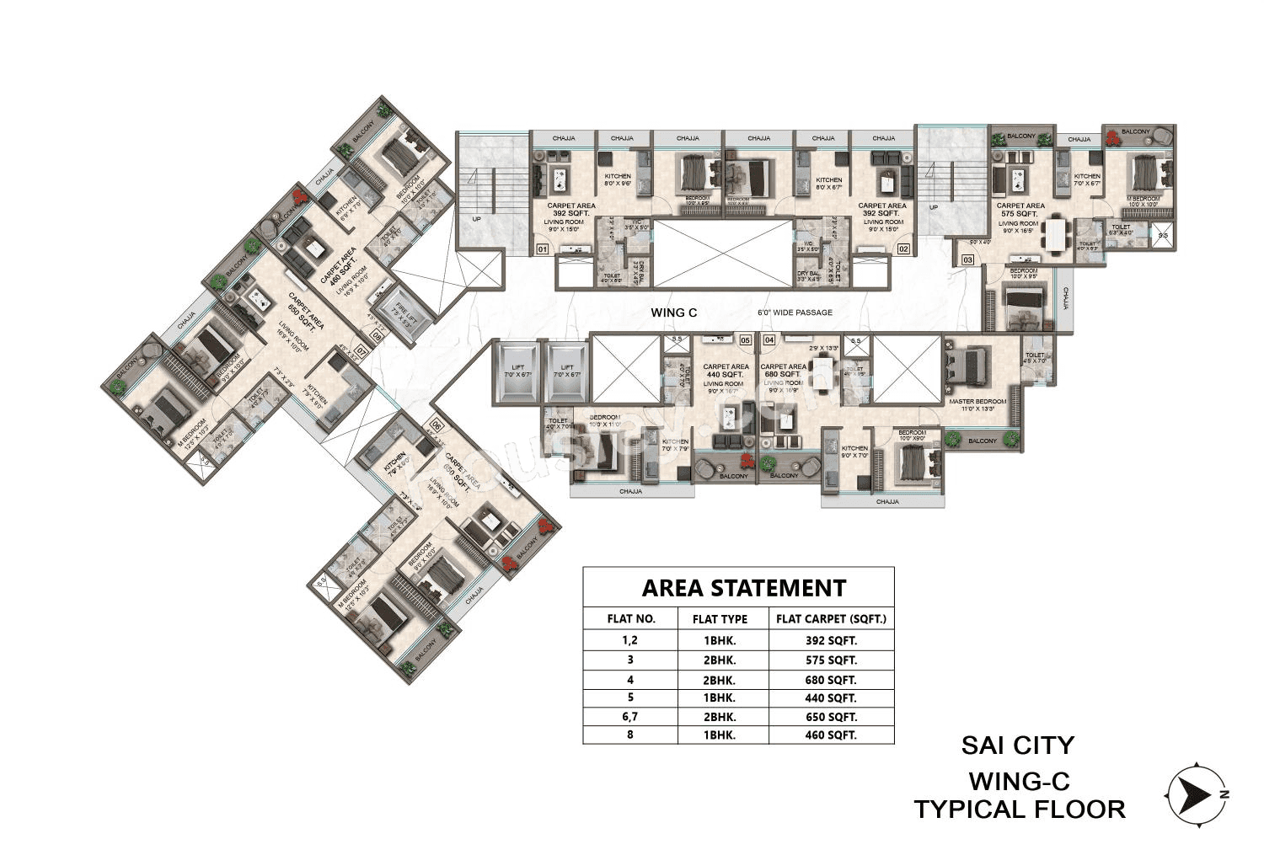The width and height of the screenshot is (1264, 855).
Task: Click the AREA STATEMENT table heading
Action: [743, 587]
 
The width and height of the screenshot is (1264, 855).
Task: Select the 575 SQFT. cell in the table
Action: [831, 660]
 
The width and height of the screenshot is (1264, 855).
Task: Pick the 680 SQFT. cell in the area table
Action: [831, 679]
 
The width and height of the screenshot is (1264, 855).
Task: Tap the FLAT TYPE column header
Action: [720, 618]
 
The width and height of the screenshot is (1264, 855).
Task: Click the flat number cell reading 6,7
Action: [630, 717]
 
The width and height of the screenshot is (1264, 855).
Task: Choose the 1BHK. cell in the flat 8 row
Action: [720, 735]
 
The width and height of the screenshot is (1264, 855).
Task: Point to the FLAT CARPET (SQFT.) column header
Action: [831, 618]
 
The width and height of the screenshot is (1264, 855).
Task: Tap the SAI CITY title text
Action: [1018, 745]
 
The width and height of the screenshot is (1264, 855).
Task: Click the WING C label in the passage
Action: [674, 313]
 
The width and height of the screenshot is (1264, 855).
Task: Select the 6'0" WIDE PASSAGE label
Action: [795, 313]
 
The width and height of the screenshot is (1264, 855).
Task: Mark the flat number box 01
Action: [542, 249]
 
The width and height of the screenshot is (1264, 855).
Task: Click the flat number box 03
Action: [967, 260]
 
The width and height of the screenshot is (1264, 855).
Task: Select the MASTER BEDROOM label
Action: [977, 402]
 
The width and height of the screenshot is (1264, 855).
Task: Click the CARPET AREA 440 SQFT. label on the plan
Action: [726, 371]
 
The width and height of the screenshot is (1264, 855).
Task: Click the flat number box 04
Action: [769, 339]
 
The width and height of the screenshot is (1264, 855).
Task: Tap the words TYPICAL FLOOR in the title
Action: [1020, 810]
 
